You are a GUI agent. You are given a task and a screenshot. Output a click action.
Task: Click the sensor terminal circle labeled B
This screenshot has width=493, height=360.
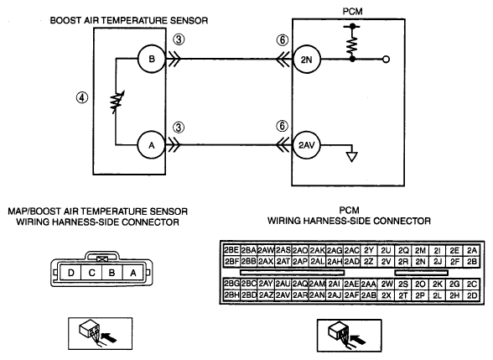click(152, 59)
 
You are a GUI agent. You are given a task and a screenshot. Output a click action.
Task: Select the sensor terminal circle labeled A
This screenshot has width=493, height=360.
click(152, 145)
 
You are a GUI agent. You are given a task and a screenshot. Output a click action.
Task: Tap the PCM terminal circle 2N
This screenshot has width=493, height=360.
click(307, 60)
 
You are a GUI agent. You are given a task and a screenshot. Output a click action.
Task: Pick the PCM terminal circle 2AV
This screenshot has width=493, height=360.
click(307, 145)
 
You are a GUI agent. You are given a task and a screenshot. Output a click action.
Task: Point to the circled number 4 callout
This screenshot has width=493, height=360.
click(82, 97)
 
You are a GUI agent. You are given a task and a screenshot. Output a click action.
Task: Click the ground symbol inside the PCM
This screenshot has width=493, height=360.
click(351, 157)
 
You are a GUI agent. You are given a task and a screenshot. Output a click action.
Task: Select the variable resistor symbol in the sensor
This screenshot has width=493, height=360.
click(117, 102)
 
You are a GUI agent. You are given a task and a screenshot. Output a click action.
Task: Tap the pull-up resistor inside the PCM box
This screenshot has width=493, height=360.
click(352, 44)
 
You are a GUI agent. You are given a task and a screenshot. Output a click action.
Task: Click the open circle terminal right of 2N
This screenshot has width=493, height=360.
click(386, 59)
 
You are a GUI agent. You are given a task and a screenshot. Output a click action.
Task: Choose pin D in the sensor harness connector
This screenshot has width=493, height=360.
click(70, 273)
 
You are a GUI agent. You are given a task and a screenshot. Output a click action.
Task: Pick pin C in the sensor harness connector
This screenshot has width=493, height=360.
click(91, 273)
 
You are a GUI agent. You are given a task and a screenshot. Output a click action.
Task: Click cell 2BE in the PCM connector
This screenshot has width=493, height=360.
click(231, 250)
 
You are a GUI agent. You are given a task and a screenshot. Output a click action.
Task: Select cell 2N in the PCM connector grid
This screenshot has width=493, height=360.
click(420, 262)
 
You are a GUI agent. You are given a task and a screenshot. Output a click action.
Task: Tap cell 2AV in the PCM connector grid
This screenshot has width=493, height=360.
click(283, 295)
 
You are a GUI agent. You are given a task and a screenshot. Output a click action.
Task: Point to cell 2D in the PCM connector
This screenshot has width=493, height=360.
click(472, 295)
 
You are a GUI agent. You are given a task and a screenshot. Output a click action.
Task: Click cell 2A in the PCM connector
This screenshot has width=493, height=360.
click(472, 250)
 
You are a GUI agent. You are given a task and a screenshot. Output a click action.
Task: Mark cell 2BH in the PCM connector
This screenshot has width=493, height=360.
click(231, 295)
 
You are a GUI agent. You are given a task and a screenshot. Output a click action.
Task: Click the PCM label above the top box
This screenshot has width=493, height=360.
click(352, 12)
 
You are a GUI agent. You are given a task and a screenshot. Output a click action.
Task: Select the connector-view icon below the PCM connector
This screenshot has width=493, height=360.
click(349, 335)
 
